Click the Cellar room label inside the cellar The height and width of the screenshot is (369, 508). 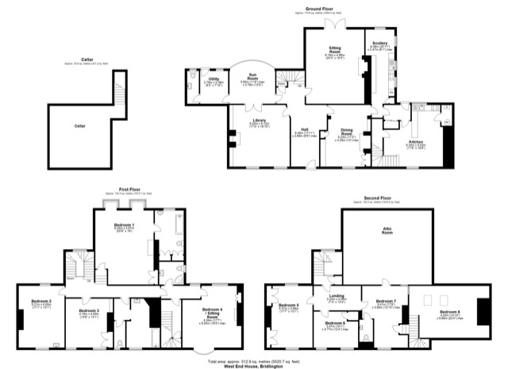point(79,125)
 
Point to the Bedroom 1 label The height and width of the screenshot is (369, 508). point(121,225)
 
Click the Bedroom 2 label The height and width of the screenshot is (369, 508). point(41,301)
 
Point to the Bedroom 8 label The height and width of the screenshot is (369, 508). point(450,313)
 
